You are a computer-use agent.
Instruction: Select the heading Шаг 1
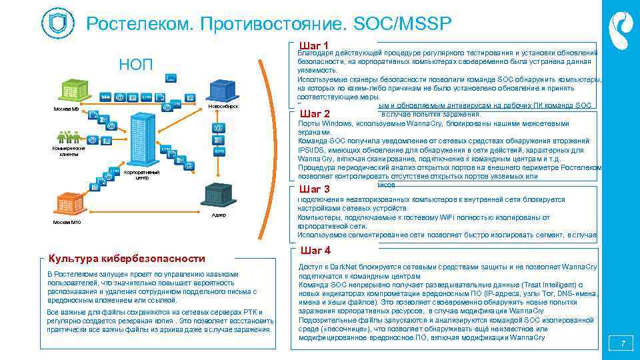point(315,45)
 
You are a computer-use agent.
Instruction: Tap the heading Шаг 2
point(315,113)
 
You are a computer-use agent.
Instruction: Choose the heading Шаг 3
point(317,189)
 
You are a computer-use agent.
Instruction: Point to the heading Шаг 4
point(316,251)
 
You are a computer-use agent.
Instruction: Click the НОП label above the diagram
point(135,65)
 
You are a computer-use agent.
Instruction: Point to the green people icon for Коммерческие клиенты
point(69,137)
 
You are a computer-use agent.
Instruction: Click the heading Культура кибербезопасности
point(126,259)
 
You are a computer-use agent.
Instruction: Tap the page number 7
point(623,344)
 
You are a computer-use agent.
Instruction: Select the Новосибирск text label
point(223,107)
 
